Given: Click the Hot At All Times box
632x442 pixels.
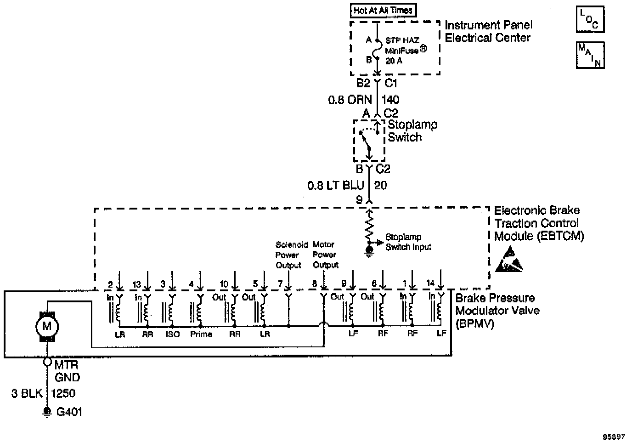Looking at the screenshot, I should [384, 10].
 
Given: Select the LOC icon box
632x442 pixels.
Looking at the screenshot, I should [590, 20].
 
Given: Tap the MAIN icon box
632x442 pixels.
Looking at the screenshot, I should [590, 55].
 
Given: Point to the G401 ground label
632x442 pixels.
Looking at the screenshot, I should [69, 412].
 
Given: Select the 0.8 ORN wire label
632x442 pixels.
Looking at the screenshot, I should [350, 99].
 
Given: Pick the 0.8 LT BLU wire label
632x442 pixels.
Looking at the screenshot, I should [336, 186].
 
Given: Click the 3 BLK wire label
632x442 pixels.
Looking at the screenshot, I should [27, 393].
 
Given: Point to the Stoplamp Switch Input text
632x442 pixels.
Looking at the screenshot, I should [408, 242].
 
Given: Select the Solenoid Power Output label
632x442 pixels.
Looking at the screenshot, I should [288, 255].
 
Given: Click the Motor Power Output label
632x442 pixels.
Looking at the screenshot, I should [325, 255].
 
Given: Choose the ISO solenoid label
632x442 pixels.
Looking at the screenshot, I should [172, 334].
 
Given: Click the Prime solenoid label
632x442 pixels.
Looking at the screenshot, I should [201, 334].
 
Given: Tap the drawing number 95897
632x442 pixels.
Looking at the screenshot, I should [614, 436].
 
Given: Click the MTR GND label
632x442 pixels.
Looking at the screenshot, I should [67, 371].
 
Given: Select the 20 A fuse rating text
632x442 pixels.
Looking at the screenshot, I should [394, 61].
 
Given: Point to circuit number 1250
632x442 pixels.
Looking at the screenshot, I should [63, 393].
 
